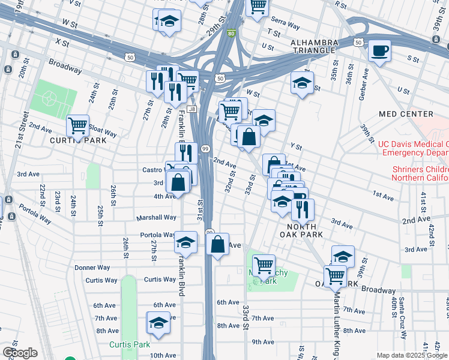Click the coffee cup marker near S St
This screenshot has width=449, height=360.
pyautogui.click(x=379, y=50)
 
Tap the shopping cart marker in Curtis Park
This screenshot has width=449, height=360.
pyautogui.click(x=77, y=126)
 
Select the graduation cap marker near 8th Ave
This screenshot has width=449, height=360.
pyautogui.click(x=158, y=323)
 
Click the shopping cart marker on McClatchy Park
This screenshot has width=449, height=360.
pyautogui.click(x=264, y=264)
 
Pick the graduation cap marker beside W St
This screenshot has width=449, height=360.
pyautogui.click(x=302, y=83)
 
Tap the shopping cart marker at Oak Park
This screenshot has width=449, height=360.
pyautogui.click(x=335, y=276)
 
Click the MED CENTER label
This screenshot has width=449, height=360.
pyautogui.click(x=406, y=114)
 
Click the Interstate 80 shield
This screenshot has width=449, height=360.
pyautogui.click(x=232, y=34)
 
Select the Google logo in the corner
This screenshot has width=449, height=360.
pyautogui.click(x=20, y=353)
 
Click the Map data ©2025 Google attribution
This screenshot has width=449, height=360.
pyautogui.click(x=412, y=355)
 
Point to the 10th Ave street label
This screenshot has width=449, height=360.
pyautogui.click(x=163, y=355)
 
